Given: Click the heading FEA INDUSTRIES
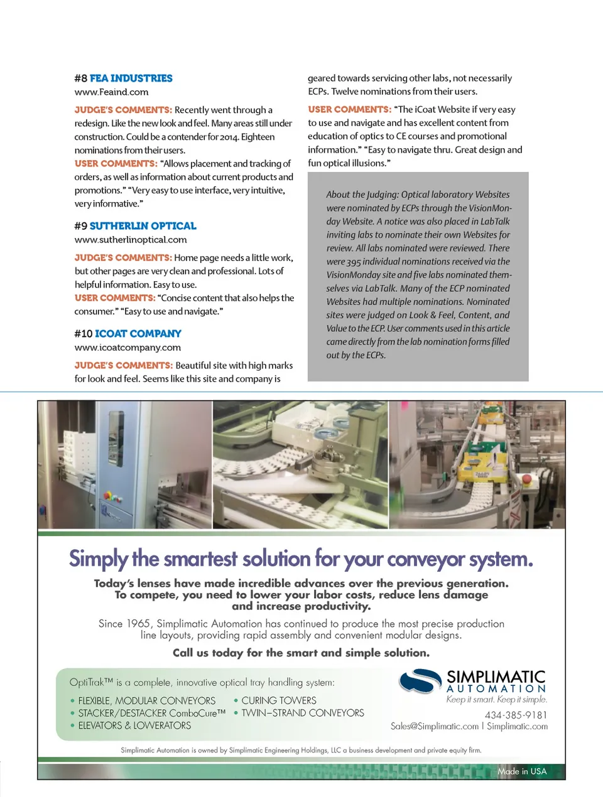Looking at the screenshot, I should click(x=131, y=78).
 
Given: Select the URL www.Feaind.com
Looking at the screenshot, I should click(x=111, y=92).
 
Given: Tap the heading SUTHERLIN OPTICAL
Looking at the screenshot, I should click(x=143, y=226).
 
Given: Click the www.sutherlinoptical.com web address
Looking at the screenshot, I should click(x=131, y=240).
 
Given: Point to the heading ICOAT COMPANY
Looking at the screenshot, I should click(x=138, y=334).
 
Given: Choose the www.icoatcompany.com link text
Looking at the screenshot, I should click(x=128, y=348).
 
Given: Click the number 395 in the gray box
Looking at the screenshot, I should click(x=354, y=262).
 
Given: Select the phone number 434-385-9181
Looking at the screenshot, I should click(x=516, y=715).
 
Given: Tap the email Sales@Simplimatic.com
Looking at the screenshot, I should click(x=435, y=726).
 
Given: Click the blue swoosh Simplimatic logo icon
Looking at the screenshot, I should click(x=420, y=681).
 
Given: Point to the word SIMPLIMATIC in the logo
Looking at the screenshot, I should click(x=496, y=677).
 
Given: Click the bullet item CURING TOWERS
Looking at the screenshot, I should click(x=279, y=700).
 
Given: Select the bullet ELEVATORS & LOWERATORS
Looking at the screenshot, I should click(x=134, y=725).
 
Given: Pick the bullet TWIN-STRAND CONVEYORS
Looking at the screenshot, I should click(x=303, y=713).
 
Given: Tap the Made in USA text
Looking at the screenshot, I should click(x=522, y=771).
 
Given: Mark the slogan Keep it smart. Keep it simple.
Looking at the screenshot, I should click(x=496, y=700).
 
